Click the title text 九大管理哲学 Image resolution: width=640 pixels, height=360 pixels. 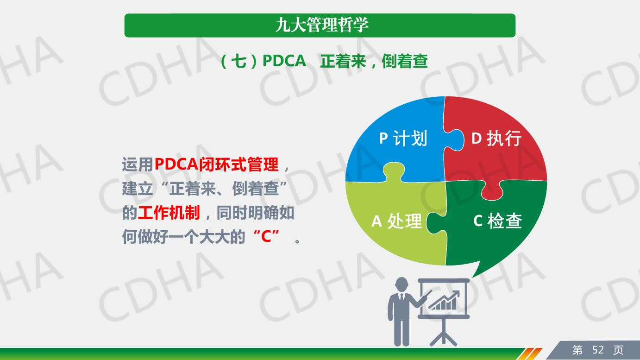tap(322, 25)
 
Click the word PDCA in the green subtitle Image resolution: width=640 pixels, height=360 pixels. tap(284, 61)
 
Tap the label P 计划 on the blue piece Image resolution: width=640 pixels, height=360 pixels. tap(403, 139)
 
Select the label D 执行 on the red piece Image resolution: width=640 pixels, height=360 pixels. tap(496, 139)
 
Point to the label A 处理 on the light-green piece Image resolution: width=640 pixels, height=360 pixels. tap(396, 221)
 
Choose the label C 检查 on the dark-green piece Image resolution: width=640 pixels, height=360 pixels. tap(497, 221)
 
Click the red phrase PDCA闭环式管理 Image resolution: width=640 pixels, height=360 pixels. tap(217, 164)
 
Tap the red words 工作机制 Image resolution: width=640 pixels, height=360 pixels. tap(169, 213)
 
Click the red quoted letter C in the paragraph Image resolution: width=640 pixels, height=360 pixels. tap(266, 236)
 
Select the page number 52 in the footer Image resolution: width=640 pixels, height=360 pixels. tap(598, 350)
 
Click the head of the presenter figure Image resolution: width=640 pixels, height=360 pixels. tap(402, 285)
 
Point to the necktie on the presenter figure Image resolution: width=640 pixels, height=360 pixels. tap(402, 297)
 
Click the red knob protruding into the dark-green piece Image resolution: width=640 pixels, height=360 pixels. tap(492, 191)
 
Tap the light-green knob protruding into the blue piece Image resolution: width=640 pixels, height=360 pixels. tap(394, 171)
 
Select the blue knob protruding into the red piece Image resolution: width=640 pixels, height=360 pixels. tap(454, 140)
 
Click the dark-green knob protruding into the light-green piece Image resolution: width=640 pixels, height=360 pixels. tap(436, 223)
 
